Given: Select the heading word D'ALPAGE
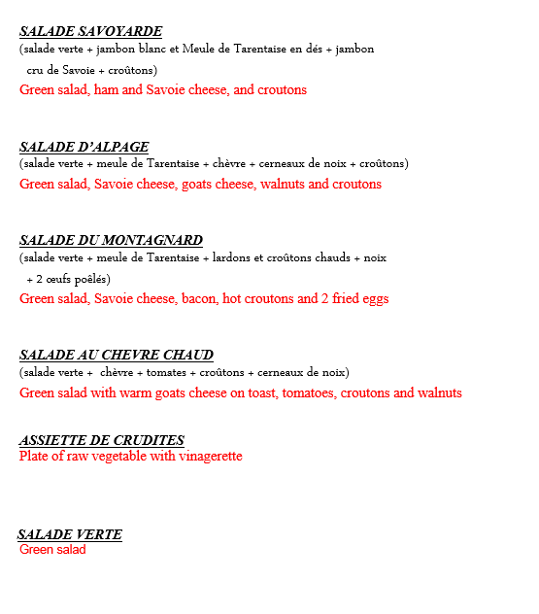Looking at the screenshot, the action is point(113,147).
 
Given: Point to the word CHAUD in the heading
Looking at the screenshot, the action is point(187,355).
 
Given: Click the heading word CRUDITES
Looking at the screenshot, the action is point(143,440).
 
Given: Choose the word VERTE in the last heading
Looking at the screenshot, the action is point(99,534).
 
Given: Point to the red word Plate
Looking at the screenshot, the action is point(35,457).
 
